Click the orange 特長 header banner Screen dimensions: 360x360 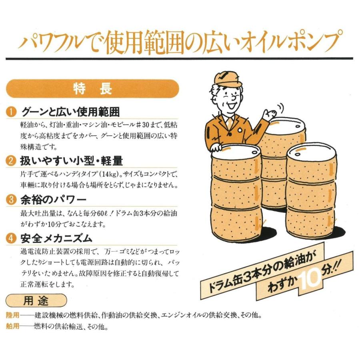coord(92,89)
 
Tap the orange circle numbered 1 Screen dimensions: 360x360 coord(11,112)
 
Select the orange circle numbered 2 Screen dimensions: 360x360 coord(11,161)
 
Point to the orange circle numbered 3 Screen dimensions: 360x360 coord(11,200)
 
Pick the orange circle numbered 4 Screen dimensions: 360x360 coord(11,238)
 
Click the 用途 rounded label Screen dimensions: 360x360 coord(36,300)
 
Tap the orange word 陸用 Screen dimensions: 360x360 coord(13,315)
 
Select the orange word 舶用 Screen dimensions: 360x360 coord(13,326)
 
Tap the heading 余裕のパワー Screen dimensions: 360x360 coord(53,200)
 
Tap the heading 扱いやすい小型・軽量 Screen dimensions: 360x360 coord(72,161)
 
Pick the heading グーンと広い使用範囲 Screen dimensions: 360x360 coord(70,112)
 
